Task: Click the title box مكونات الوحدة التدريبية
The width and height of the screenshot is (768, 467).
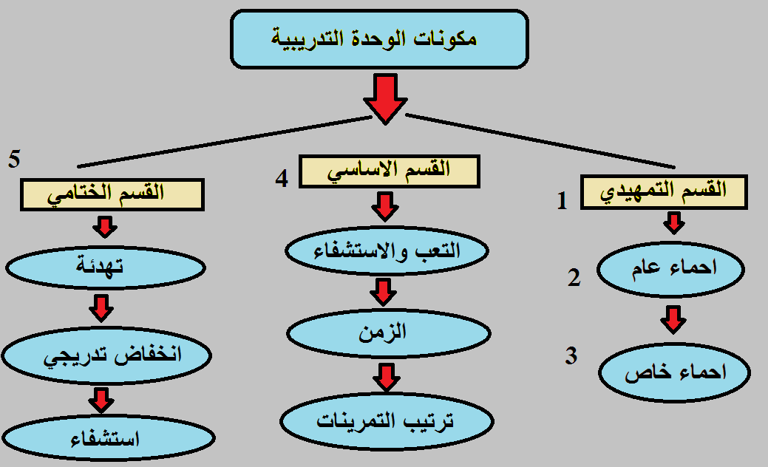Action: (x=379, y=39)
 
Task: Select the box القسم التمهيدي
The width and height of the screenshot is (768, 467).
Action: (x=664, y=192)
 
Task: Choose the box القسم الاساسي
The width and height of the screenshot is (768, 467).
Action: (x=389, y=171)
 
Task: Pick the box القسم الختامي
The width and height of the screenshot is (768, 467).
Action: (x=112, y=194)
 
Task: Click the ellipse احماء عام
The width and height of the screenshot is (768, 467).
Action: (x=670, y=269)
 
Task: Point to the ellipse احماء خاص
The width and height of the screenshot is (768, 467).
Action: (x=674, y=372)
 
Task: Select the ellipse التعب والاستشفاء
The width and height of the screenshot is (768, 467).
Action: (x=387, y=250)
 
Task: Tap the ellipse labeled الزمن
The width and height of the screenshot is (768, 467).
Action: (x=388, y=333)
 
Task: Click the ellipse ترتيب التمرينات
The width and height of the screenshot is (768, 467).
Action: (x=387, y=421)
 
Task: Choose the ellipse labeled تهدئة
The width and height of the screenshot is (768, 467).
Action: (x=105, y=267)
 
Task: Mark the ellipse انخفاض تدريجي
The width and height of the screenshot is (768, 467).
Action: (x=106, y=355)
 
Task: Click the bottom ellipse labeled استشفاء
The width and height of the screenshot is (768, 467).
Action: (x=108, y=438)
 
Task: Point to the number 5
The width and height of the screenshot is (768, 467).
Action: (x=14, y=159)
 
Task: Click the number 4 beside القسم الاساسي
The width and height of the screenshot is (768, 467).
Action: (x=282, y=179)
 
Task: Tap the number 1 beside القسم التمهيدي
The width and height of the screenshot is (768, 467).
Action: (x=563, y=201)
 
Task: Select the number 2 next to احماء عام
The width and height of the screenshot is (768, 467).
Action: (x=574, y=278)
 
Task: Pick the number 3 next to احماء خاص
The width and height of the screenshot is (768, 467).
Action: (x=571, y=355)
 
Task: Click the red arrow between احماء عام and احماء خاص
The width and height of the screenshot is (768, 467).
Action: (x=673, y=320)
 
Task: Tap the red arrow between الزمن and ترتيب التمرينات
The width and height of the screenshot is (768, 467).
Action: (x=387, y=378)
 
